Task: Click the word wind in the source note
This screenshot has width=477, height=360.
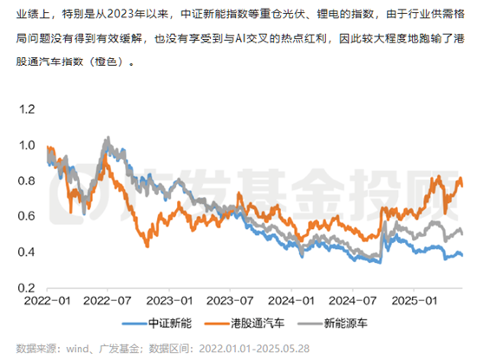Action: point(88,347)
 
